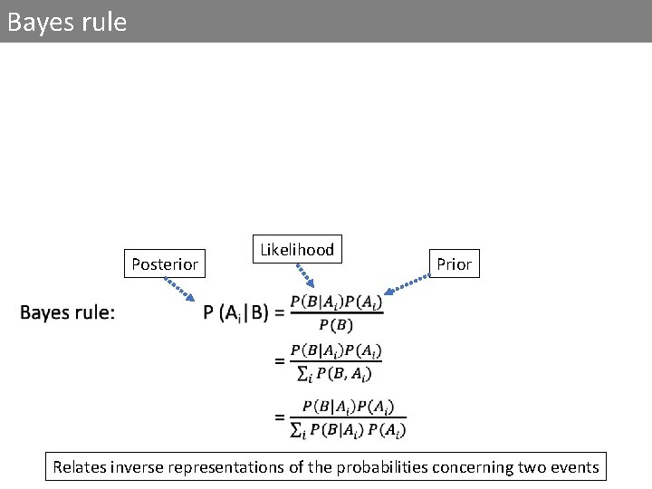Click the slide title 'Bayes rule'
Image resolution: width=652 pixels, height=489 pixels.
pos(66,22)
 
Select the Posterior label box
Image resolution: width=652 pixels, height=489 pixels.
pos(165,264)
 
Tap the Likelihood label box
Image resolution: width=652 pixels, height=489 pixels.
pos(297,249)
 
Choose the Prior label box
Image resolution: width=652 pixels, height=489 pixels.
pos(454,264)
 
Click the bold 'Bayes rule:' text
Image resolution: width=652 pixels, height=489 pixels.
pos(68,313)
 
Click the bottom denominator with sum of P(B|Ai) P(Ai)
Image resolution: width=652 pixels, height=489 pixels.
pos(348,429)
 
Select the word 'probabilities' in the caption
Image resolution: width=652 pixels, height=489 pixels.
pos(354,467)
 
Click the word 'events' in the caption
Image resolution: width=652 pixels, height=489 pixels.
pos(574,467)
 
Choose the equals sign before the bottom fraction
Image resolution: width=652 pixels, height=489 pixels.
pos(280,418)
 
